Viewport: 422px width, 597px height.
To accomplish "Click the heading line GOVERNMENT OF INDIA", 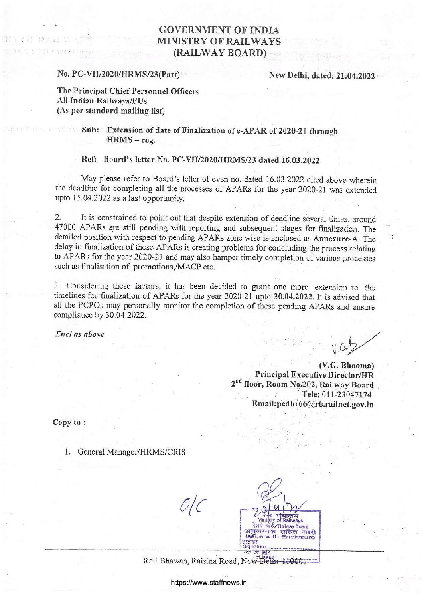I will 219,30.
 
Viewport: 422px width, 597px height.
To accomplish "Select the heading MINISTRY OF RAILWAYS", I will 219,42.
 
